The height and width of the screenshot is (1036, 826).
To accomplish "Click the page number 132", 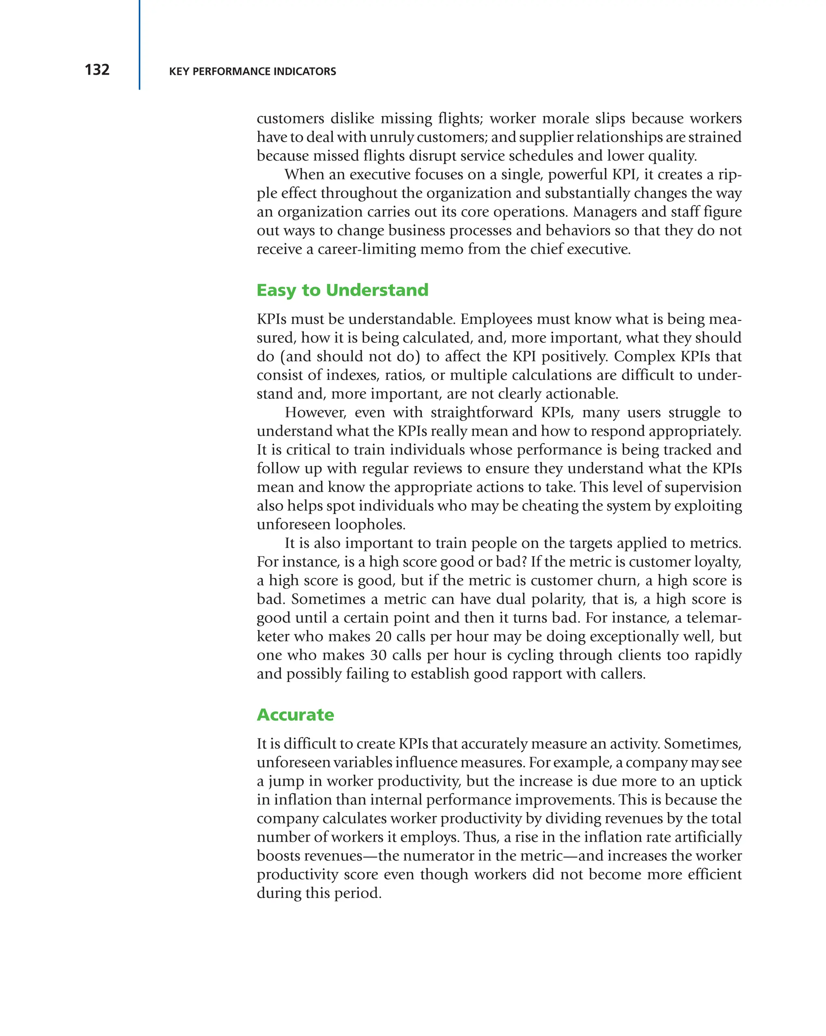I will click(97, 70).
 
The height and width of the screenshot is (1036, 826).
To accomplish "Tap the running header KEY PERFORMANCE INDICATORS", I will click(252, 72).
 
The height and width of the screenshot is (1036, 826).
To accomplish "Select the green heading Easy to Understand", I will click(342, 290).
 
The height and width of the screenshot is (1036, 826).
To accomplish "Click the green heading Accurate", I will click(295, 715).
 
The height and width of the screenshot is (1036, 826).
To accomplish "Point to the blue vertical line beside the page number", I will click(140, 45).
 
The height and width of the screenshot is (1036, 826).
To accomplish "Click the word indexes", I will click(352, 375).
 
